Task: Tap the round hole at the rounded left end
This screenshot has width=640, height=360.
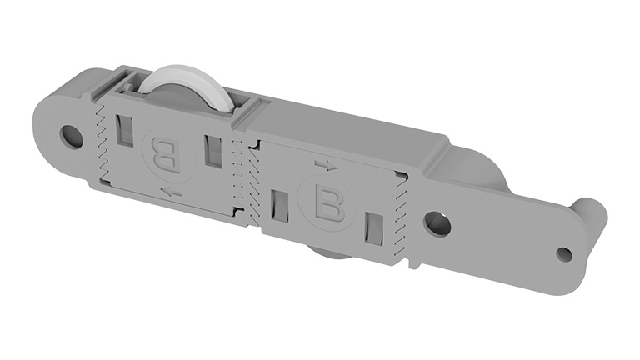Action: (72, 136)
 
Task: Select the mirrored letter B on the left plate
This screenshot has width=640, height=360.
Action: (166, 157)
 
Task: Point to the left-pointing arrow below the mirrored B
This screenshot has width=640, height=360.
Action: (172, 191)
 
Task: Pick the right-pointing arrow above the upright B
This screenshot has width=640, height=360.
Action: (327, 165)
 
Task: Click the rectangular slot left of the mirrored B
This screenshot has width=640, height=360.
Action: (125, 130)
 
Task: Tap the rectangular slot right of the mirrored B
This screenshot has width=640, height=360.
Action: (212, 152)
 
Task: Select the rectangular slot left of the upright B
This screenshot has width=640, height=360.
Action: (280, 206)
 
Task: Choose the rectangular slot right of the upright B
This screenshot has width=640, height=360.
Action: (374, 228)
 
